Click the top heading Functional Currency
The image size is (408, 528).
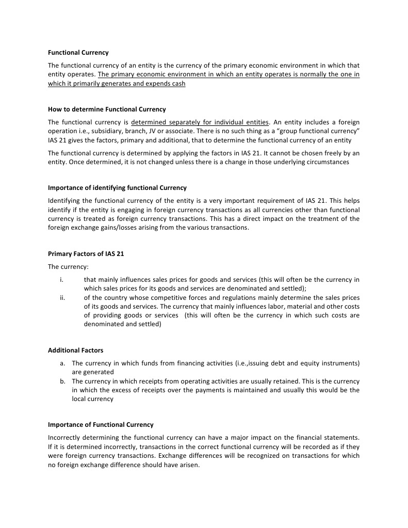[78, 53]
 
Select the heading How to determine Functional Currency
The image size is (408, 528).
[107, 109]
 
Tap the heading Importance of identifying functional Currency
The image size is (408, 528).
[117, 188]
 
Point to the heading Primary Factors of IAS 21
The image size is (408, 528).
[86, 254]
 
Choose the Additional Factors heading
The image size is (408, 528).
[68, 350]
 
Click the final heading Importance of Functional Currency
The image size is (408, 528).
[101, 425]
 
